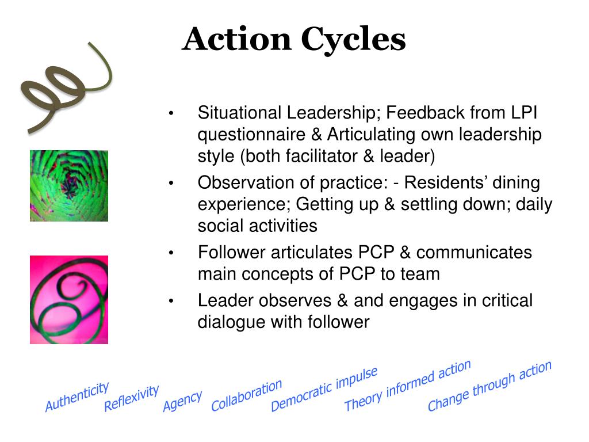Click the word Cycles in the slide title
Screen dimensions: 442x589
[353, 40]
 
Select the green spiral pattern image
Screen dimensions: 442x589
[69, 186]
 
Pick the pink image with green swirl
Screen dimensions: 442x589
[69, 300]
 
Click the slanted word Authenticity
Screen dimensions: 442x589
[77, 397]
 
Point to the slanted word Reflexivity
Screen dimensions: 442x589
[131, 398]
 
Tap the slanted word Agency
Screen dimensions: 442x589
[182, 401]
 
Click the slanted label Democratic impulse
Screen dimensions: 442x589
[324, 389]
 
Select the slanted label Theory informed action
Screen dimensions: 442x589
[407, 385]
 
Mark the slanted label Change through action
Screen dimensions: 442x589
[489, 386]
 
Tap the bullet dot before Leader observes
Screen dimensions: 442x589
[171, 301]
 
